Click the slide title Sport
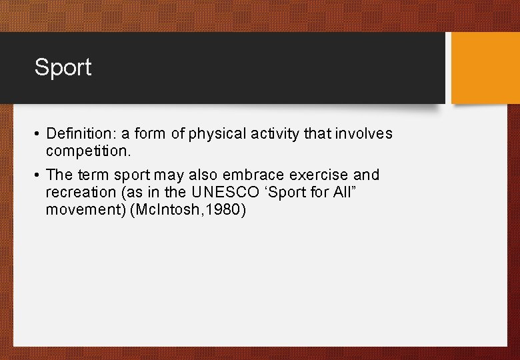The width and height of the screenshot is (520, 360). [x=63, y=67]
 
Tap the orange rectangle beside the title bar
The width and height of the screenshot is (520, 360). [x=485, y=68]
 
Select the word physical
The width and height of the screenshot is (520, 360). [x=218, y=134]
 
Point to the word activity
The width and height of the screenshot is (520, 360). [x=275, y=134]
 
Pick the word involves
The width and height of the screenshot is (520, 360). [x=365, y=134]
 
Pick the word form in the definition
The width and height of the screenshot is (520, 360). [x=151, y=134]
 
